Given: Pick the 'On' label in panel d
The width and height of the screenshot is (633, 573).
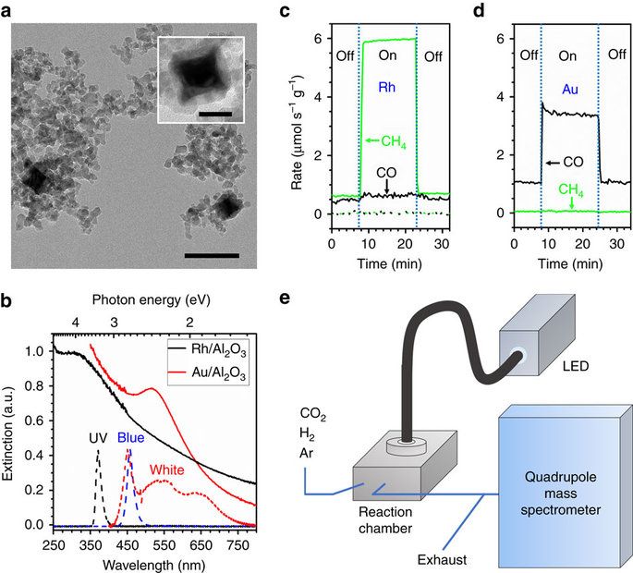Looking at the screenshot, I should pos(569,56).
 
